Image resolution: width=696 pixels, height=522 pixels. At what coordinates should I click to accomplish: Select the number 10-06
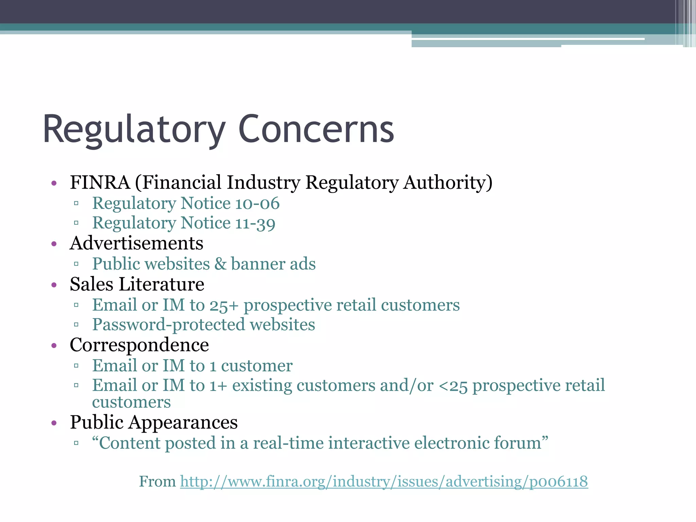[257, 204]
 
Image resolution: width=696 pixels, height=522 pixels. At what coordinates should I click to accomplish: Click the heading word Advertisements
[137, 243]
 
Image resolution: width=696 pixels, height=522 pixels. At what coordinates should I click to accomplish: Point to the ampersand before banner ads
[221, 264]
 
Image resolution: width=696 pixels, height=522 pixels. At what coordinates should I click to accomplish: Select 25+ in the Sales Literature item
[224, 305]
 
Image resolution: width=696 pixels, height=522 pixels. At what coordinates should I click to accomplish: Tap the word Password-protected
[169, 325]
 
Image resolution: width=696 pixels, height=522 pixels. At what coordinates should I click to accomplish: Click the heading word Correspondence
[139, 345]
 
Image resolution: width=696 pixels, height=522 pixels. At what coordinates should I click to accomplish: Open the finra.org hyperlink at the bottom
[384, 482]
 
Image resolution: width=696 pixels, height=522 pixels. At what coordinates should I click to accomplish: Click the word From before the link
[157, 482]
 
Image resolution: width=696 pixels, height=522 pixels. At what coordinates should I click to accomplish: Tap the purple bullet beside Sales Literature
[54, 285]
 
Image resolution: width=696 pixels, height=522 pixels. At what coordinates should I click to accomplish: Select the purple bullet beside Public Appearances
[54, 423]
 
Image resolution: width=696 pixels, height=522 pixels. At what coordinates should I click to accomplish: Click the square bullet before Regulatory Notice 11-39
[76, 223]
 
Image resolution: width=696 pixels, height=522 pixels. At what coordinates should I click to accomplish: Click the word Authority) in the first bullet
[448, 182]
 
